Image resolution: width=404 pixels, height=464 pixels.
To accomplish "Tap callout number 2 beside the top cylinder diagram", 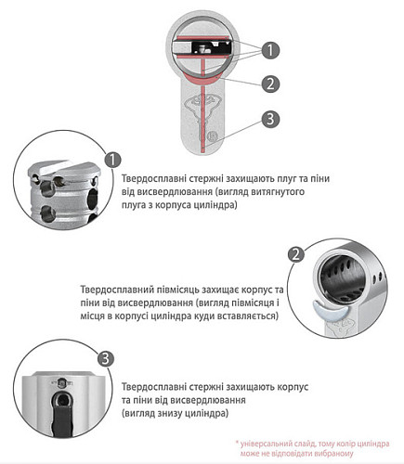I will (269, 84).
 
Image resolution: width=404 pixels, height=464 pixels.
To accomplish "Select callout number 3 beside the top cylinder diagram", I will (269, 119).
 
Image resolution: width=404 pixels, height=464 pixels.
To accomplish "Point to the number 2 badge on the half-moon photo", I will (296, 253).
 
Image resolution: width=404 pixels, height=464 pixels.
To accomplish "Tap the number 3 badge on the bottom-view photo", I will (105, 358).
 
